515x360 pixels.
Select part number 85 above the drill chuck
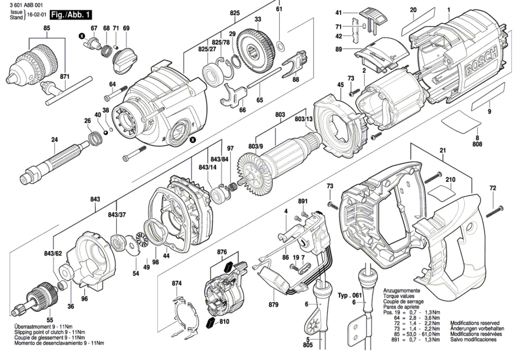tap(47, 28)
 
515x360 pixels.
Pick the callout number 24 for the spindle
tap(54, 140)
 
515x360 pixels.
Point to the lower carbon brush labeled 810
tap(211, 322)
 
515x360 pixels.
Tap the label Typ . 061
tap(350, 295)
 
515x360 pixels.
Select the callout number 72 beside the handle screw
tap(493, 188)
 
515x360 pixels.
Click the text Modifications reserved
tap(475, 323)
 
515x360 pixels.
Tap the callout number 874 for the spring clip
tap(177, 283)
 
